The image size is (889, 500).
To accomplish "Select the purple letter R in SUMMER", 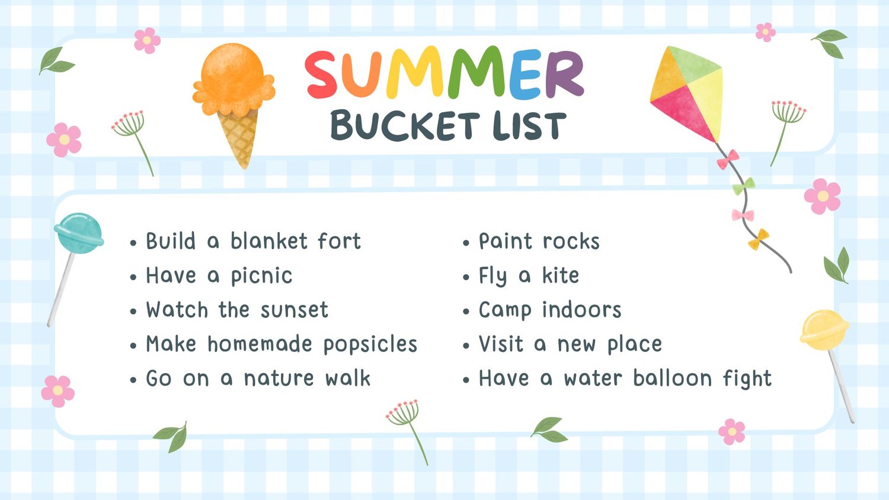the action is [x=564, y=74].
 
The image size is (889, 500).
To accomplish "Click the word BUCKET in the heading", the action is [x=405, y=126].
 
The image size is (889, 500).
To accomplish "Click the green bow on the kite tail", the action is [x=743, y=186].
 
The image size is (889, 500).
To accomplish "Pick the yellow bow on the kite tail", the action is [x=758, y=239].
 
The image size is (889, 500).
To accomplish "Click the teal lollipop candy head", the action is [x=79, y=233].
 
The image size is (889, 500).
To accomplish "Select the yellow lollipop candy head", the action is [x=824, y=330].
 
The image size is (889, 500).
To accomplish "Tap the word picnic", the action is [x=261, y=276].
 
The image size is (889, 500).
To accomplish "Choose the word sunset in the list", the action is [x=295, y=310].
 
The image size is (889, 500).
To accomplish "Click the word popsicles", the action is [x=370, y=345].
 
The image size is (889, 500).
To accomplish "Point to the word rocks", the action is [x=571, y=241].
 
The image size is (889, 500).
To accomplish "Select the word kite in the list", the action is [x=561, y=275].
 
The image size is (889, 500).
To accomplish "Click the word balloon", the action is [x=672, y=378].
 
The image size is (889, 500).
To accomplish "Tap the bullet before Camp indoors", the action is [x=466, y=311].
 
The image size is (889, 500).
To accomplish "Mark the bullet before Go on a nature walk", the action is [x=133, y=380].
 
